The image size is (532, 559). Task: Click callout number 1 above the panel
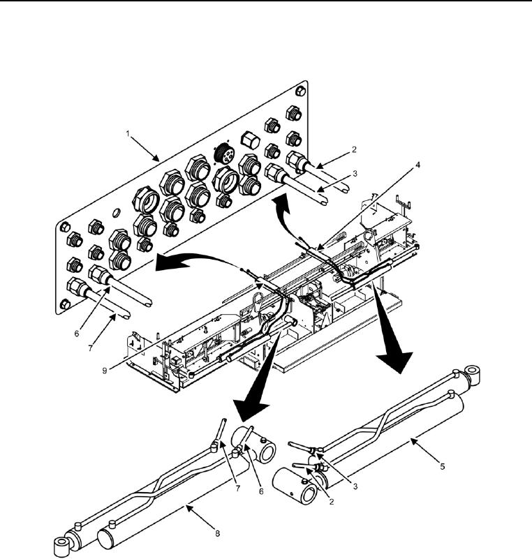pyautogui.click(x=128, y=134)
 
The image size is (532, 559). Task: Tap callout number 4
pyautogui.click(x=418, y=165)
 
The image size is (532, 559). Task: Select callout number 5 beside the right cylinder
pyautogui.click(x=442, y=466)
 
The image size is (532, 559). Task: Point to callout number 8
pyautogui.click(x=217, y=533)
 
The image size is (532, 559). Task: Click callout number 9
pyautogui.click(x=105, y=371)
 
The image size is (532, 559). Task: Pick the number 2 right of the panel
pyautogui.click(x=354, y=149)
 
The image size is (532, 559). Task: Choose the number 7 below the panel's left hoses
pyautogui.click(x=90, y=348)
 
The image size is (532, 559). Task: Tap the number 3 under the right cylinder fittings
pyautogui.click(x=355, y=486)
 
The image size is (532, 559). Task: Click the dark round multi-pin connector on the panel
pyautogui.click(x=224, y=154)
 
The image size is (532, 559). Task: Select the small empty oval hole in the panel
pyautogui.click(x=116, y=213)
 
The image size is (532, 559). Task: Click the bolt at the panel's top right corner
pyautogui.click(x=300, y=91)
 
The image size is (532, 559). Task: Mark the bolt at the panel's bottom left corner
pyautogui.click(x=65, y=304)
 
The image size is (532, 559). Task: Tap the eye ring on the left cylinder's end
pyautogui.click(x=61, y=544)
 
